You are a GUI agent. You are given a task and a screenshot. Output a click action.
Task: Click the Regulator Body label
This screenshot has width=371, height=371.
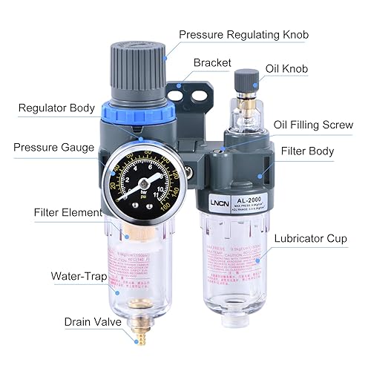pos(57,108)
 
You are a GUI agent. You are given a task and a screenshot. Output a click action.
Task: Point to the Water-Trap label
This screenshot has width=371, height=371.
pos(78,277)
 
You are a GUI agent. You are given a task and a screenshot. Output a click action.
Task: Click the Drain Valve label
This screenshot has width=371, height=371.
pos(70,323)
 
